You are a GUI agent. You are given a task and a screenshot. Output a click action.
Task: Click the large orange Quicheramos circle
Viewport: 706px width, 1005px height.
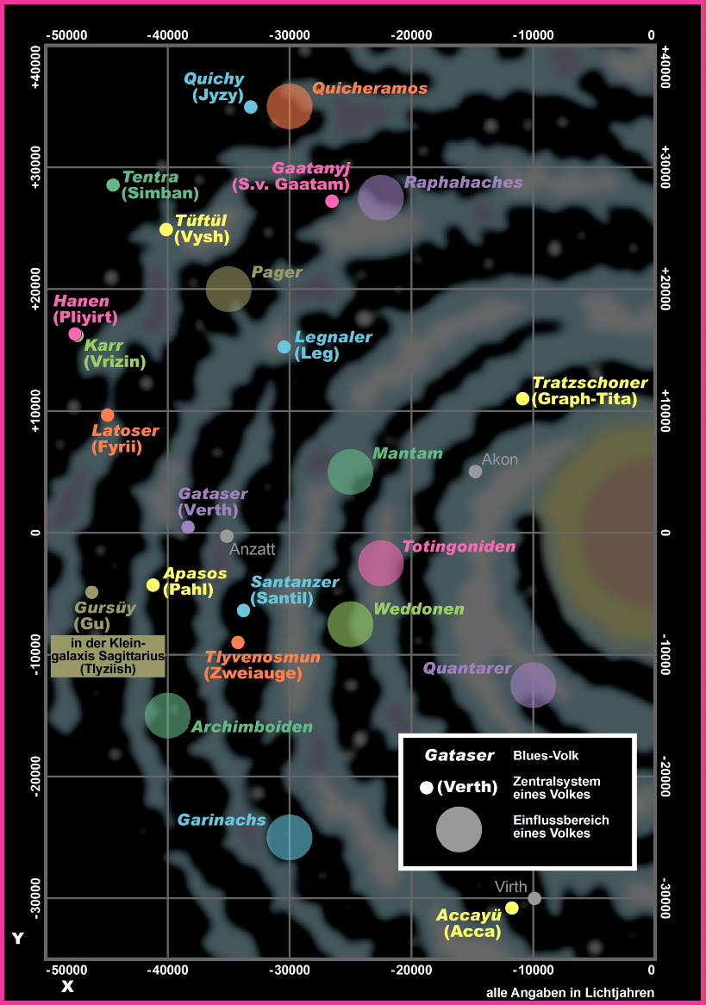(x=290, y=106)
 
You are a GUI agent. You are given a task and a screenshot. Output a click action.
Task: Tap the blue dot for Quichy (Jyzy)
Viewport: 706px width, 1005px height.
(x=251, y=107)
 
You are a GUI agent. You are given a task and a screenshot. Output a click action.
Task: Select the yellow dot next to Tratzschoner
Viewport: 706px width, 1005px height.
(x=522, y=398)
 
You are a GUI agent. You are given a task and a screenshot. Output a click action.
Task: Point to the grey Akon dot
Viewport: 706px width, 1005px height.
(x=475, y=471)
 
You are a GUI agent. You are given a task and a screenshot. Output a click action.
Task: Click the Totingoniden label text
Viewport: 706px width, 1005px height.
(x=459, y=546)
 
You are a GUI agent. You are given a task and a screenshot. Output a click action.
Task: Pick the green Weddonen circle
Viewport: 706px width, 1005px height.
(x=350, y=624)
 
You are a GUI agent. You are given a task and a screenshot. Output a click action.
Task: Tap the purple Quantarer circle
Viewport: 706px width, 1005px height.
(x=533, y=684)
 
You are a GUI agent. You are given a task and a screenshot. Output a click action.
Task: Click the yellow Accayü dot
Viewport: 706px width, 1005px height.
(x=512, y=908)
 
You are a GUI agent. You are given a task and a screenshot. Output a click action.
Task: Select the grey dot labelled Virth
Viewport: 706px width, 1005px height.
(x=534, y=898)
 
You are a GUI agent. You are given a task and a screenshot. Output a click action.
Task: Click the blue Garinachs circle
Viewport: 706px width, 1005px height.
(x=290, y=837)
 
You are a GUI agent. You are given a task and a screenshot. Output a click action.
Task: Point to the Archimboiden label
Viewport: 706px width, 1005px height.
(x=252, y=727)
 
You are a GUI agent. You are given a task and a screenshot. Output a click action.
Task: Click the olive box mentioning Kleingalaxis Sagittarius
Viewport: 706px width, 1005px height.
(x=108, y=656)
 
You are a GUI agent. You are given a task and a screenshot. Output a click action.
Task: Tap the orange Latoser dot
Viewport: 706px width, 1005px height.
(x=107, y=415)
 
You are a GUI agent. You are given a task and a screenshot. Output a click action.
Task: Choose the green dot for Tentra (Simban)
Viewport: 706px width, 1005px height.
(x=113, y=185)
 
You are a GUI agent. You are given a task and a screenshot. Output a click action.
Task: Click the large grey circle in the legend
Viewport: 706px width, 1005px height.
(x=459, y=829)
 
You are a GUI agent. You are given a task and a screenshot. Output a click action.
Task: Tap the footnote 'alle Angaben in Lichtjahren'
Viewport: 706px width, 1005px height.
(x=570, y=992)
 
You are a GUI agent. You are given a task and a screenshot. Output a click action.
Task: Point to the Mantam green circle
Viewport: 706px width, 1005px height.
(x=350, y=471)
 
